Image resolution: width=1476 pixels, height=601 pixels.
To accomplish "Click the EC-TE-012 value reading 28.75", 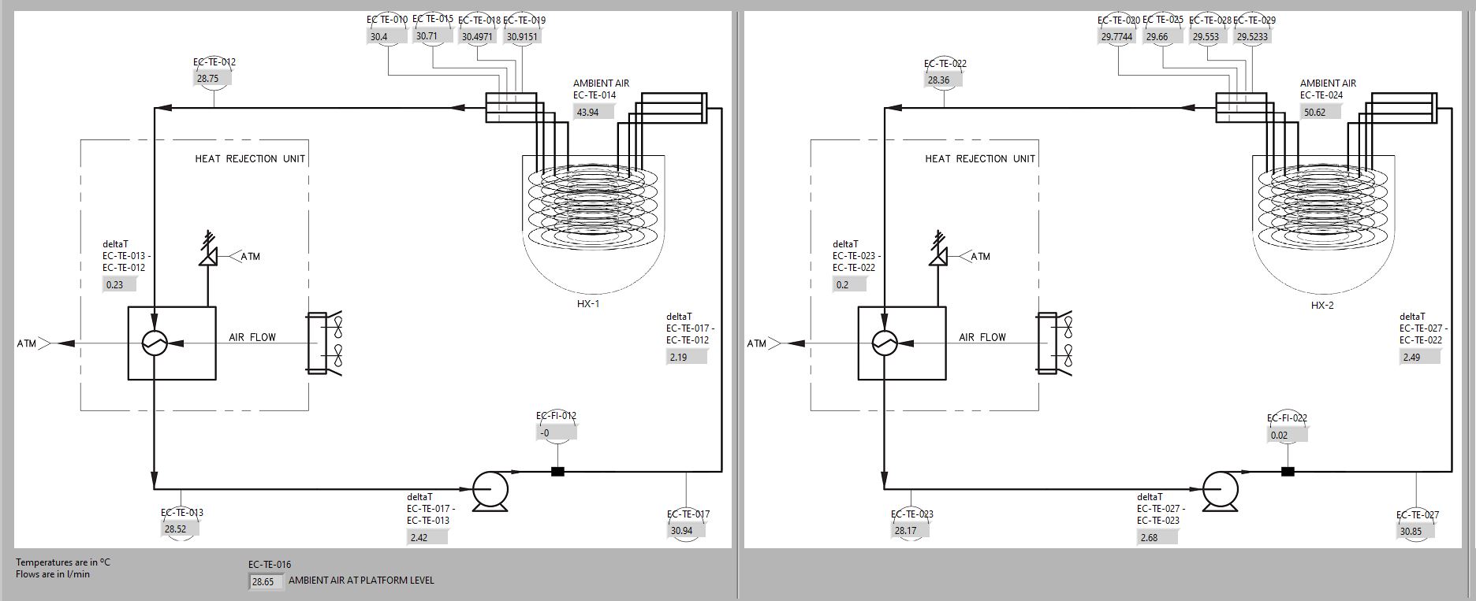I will [209, 79].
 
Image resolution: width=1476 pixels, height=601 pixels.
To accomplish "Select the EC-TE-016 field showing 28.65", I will [264, 582].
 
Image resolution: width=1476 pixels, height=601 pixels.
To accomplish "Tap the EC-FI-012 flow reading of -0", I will [556, 432].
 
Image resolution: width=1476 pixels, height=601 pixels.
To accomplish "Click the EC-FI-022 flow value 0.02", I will [1285, 435].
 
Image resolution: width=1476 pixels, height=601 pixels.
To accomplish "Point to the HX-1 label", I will [588, 304].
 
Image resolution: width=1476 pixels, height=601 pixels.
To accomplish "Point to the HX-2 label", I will [1322, 306].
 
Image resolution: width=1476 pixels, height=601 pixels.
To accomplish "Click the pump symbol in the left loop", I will [490, 490].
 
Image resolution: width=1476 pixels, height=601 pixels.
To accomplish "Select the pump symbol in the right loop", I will [1221, 490].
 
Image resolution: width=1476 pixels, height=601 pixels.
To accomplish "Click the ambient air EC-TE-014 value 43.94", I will [593, 112].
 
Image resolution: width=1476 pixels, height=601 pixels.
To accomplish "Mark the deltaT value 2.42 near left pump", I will [427, 537].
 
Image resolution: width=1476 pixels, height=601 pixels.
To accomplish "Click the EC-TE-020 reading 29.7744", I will [1117, 36].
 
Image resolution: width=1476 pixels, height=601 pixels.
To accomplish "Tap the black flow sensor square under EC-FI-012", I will [557, 472].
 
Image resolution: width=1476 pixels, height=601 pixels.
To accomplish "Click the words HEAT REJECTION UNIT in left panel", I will [250, 159].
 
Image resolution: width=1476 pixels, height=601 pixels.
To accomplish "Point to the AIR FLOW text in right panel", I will [982, 337].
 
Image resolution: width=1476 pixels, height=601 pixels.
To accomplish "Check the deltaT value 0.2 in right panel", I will [848, 284].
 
